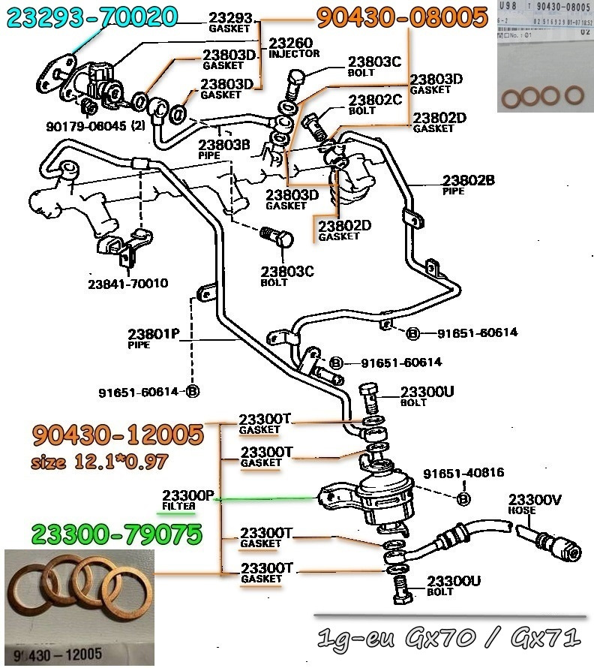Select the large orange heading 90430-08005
coord(401,17)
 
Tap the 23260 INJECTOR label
coord(293,47)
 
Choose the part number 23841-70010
coord(127,284)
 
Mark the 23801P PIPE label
coord(153,338)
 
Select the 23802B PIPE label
coord(468,184)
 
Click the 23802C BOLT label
coord(375,104)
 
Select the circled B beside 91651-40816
coord(463,498)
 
